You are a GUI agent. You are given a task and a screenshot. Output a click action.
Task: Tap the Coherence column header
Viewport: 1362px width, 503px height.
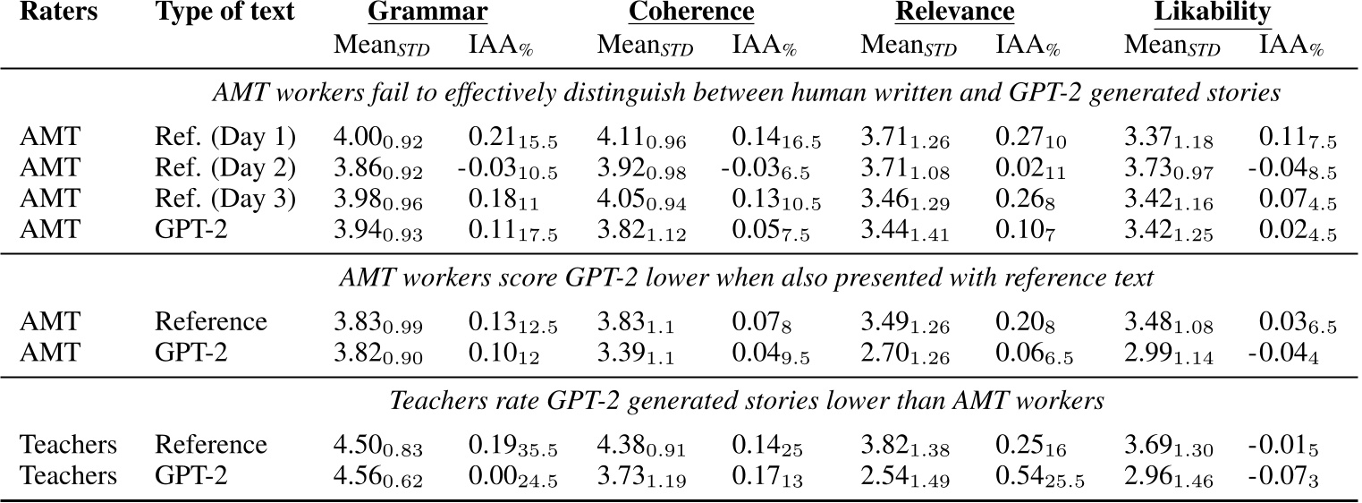(691, 13)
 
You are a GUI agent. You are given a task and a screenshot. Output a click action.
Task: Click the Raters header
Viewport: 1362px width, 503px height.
(56, 13)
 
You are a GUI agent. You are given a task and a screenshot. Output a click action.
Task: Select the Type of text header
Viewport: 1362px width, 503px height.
(224, 13)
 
